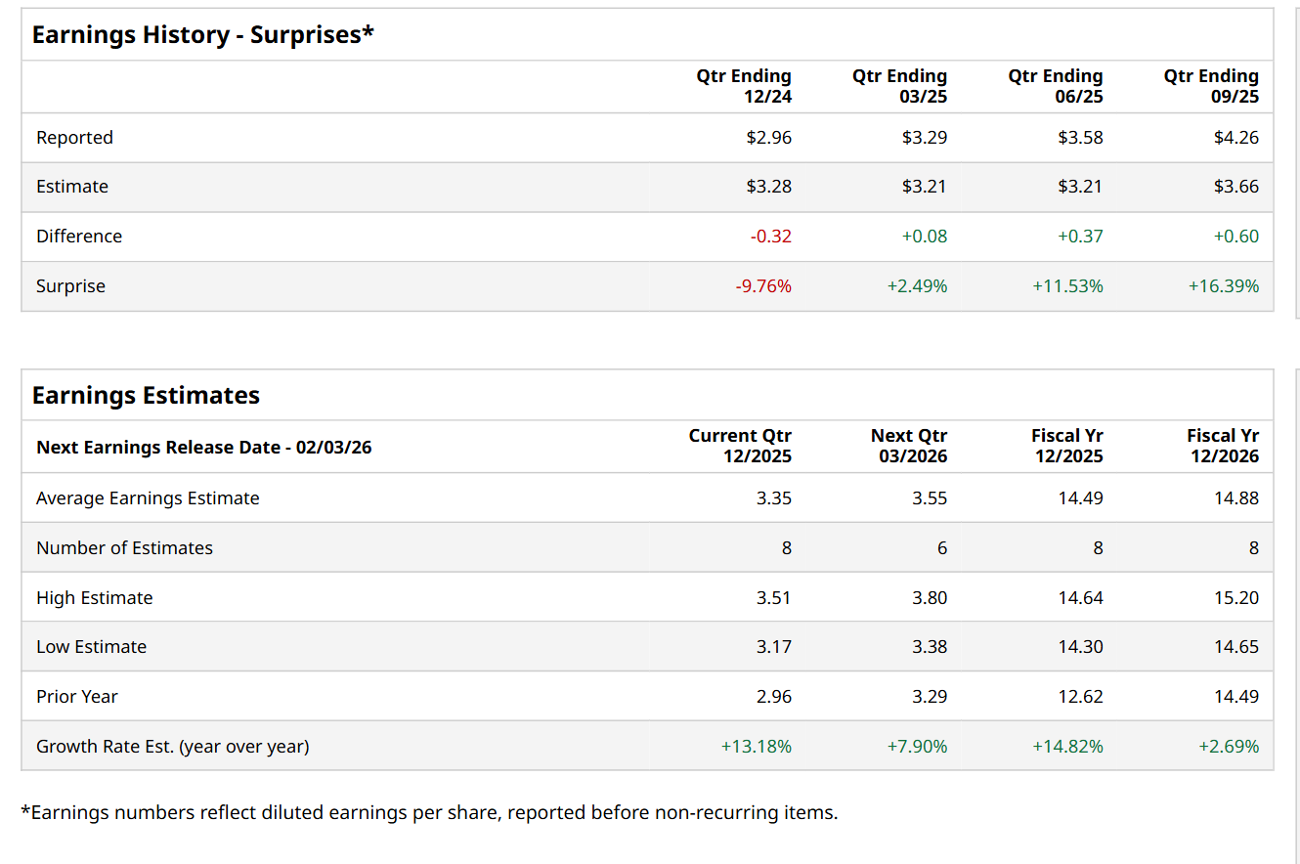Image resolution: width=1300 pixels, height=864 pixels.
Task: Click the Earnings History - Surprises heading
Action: point(203,35)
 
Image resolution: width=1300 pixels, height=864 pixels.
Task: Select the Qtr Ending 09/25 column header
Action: point(1211,86)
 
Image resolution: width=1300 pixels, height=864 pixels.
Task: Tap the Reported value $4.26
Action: point(1235,138)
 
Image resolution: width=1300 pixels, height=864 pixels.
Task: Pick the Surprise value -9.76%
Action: point(763,286)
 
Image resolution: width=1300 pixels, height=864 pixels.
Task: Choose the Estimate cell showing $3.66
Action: point(1235,187)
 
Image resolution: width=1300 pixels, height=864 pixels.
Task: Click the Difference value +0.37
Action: point(1080,237)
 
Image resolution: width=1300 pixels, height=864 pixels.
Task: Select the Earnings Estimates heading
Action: point(146,396)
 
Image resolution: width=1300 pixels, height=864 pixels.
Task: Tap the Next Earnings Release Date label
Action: point(203,448)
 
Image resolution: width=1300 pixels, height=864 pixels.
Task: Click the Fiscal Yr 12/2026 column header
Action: point(1222,446)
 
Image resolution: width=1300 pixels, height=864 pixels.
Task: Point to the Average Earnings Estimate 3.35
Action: point(773,498)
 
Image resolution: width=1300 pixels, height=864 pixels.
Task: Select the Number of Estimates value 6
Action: point(941,548)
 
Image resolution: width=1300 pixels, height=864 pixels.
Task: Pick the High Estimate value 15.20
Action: point(1235,598)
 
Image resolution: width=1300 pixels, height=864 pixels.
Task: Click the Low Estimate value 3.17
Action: point(773,647)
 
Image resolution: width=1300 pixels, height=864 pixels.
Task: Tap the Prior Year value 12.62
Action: point(1080,697)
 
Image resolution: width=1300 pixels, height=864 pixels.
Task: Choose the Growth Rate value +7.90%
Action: point(917,747)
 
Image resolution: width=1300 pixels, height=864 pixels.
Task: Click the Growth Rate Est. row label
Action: point(172,747)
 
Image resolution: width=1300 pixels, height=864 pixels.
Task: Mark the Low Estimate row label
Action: point(91,647)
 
